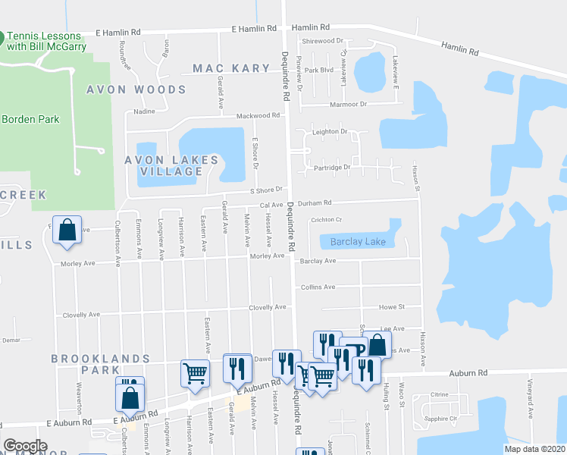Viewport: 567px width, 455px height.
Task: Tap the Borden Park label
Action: pos(30,119)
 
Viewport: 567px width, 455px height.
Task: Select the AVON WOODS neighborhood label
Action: pos(136,89)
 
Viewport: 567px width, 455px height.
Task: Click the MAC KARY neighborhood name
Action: pos(231,68)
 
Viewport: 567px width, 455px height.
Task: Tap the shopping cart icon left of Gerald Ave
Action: pos(195,373)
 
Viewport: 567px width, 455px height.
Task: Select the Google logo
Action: pos(25,446)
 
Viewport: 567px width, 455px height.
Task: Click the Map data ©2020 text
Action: pos(534,449)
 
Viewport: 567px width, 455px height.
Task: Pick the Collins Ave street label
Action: pos(318,287)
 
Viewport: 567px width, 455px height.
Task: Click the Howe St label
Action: pos(392,307)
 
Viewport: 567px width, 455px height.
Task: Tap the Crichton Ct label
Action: pos(327,221)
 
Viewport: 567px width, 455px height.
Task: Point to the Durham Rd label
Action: pos(318,203)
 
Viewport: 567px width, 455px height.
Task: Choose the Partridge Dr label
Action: pos(334,168)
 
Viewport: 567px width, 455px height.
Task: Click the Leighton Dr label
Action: pos(330,131)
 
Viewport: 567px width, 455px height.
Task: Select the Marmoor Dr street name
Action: pos(348,104)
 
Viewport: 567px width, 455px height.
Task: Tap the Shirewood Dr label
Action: pos(323,41)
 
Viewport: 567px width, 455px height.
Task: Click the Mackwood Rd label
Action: pos(258,116)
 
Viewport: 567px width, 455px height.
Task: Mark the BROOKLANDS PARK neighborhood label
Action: pos(86,364)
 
